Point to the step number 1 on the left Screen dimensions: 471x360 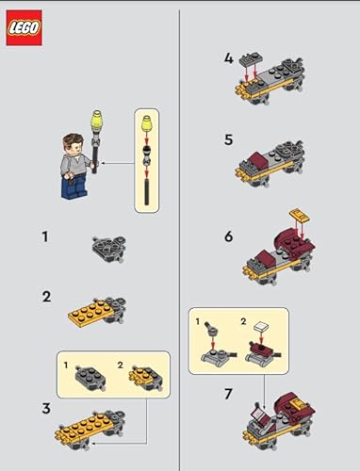tap(44, 236)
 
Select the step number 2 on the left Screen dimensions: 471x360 tap(44, 298)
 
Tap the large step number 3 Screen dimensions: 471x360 tap(44, 407)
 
